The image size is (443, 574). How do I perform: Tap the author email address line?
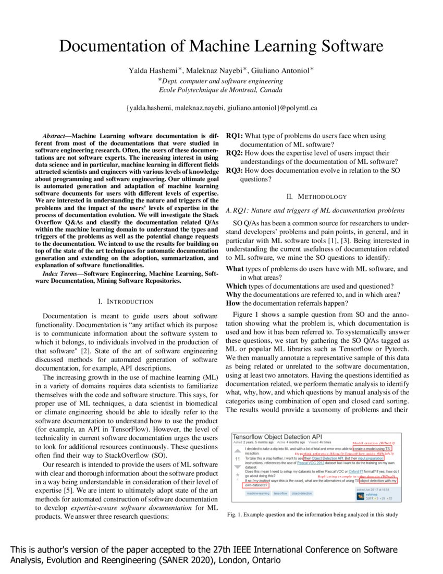click(221, 108)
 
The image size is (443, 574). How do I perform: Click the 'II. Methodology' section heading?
click(316, 197)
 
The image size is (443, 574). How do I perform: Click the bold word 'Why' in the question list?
click(233, 294)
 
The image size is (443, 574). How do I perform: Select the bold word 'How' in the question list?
click(233, 303)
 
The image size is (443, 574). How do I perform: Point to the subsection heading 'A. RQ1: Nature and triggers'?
click(315, 210)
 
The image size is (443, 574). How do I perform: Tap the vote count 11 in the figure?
click(238, 459)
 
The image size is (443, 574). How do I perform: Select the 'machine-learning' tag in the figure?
click(258, 493)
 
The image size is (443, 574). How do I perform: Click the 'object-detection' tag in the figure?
click(302, 493)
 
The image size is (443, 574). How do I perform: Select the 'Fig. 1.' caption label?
click(235, 515)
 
